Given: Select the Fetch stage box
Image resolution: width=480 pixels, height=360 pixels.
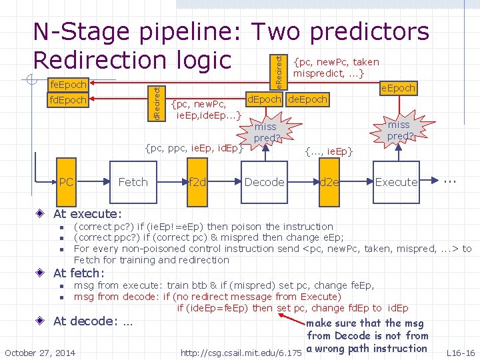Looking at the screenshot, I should pos(133,182).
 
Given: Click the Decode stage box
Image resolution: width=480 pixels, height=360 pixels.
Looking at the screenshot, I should pos(264,182).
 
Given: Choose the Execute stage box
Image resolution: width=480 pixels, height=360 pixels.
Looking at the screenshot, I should pos(396,182).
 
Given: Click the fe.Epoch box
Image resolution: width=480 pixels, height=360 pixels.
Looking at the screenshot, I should pos(69,85).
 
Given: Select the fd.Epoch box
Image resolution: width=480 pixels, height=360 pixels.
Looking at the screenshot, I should pos(69,101).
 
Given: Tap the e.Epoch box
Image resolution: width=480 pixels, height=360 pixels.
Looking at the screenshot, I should pos(397,87).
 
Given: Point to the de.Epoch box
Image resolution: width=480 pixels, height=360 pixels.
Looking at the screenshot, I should pos(307,99).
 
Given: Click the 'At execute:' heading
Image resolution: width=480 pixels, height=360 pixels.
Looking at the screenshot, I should pos(87,214).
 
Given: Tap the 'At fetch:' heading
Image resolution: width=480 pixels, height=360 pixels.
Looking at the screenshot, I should pos(79,273).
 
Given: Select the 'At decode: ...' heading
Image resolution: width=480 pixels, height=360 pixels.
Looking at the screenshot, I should pos(93,321).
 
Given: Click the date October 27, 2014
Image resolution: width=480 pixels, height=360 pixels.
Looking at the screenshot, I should pos(40,352).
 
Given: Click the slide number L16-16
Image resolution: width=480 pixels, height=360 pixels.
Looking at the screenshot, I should pos(461,352).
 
